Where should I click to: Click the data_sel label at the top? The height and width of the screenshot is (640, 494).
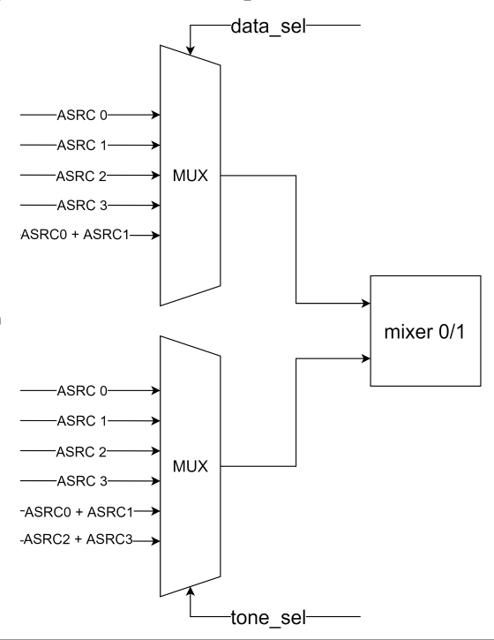pos(267,25)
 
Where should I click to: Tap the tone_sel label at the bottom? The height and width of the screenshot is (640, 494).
pos(267,615)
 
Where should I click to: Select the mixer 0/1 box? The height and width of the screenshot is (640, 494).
pos(429,331)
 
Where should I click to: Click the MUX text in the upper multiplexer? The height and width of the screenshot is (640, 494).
pos(190,175)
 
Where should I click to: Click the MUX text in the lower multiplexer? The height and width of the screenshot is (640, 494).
pos(190,465)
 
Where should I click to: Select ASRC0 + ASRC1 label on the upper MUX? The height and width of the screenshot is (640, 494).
pos(75,236)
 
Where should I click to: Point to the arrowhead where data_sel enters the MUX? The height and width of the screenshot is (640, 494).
pos(190,44)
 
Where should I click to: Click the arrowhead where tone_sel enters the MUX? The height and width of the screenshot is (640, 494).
pos(190,597)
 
